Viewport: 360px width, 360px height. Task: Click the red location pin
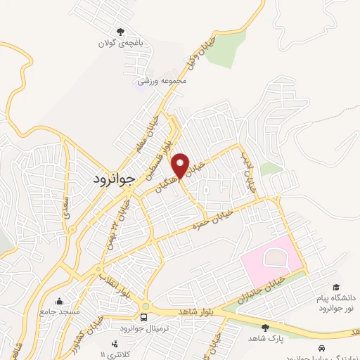tap(181, 166)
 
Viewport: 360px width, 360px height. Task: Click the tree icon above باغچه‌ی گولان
tap(120, 31)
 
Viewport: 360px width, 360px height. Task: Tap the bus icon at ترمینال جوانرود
tap(144, 319)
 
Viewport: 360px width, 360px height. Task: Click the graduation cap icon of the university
tap(336, 287)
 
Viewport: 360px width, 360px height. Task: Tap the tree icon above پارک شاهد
tap(265, 327)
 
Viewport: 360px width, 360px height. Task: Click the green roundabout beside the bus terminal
tap(145, 307)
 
